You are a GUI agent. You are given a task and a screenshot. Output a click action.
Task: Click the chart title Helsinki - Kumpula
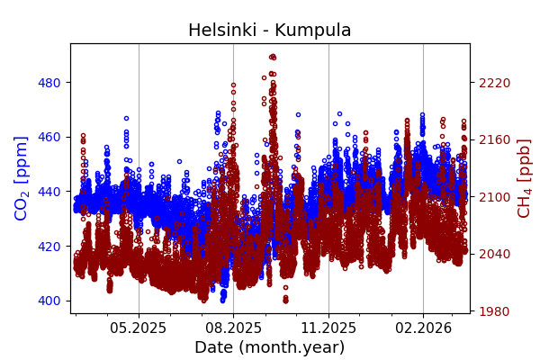tap(269, 31)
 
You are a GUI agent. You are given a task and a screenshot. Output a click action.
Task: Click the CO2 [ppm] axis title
tap(22, 177)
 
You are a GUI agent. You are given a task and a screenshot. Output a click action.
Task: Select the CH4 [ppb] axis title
tap(524, 177)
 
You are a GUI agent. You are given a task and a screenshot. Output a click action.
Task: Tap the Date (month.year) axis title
tap(269, 347)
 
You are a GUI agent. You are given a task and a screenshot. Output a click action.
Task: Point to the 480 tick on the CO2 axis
tap(49, 83)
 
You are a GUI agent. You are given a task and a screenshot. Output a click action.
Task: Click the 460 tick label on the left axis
tap(49, 137)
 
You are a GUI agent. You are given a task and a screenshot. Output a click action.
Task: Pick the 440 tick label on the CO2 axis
tap(49, 192)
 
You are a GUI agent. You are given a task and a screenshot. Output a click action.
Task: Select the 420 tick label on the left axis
tap(49, 246)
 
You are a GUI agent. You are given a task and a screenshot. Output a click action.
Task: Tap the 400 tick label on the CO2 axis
tap(49, 301)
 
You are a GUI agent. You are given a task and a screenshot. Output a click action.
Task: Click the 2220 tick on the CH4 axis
tap(495, 83)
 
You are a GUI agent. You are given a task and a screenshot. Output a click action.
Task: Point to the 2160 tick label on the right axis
tap(495, 139)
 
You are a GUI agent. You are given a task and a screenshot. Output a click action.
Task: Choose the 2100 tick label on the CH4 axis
tap(495, 197)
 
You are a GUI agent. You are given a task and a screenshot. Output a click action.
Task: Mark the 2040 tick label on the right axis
tap(495, 254)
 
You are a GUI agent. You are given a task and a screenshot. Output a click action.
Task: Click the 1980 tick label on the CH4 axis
tap(495, 311)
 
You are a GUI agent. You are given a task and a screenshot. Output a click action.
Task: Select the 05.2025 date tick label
tap(139, 328)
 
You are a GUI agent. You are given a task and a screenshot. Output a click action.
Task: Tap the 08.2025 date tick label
tap(233, 328)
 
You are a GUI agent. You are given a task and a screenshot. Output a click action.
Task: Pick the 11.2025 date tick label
tap(328, 328)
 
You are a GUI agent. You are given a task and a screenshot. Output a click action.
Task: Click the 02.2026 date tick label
tap(423, 328)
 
